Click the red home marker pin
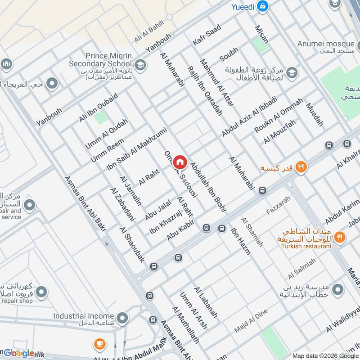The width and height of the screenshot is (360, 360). (180, 162)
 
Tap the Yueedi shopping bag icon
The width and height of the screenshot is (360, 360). (264, 6)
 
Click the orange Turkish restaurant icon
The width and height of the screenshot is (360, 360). (340, 236)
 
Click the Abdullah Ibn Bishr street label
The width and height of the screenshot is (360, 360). (207, 188)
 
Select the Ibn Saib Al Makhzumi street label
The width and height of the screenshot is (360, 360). (136, 149)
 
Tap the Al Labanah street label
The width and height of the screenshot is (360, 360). (206, 302)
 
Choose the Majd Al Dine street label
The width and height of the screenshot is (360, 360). (251, 321)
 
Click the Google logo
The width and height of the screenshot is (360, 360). (18, 353)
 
